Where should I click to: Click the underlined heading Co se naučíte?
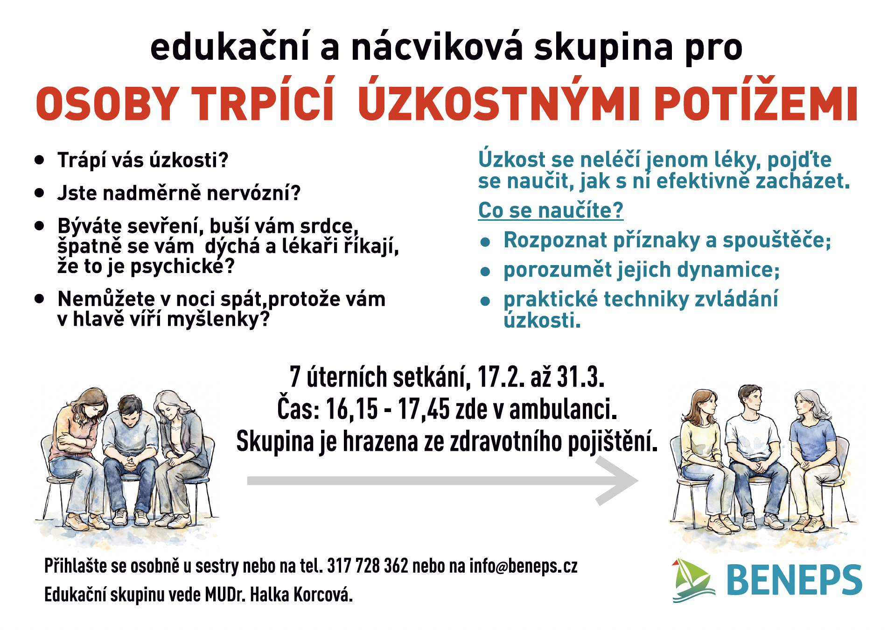[551, 210]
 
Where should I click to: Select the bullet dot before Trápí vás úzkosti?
[39, 160]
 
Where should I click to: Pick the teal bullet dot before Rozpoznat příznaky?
[485, 242]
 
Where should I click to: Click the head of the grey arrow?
[618, 481]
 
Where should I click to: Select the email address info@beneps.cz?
[524, 566]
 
